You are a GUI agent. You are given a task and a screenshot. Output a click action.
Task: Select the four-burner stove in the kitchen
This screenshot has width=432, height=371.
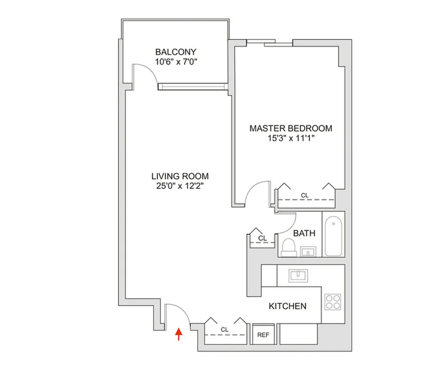coord(332,302)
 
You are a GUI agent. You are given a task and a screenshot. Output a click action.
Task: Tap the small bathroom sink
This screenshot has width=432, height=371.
coord(308,252)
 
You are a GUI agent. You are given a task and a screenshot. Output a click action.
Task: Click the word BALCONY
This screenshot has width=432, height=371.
coord(175,52)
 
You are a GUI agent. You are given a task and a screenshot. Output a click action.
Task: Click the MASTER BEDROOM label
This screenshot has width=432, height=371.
coord(290,128)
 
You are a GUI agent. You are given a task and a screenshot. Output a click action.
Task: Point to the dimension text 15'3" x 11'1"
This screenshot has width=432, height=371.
coord(290,138)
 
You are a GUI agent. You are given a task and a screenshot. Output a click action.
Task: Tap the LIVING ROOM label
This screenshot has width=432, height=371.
coord(180,176)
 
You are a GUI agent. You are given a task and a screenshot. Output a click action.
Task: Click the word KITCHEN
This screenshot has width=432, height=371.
coord(288,306)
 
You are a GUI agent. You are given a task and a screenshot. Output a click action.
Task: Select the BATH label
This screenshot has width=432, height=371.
coord(304,233)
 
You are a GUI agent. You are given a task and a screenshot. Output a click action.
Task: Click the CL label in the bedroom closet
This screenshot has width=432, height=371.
coord(304,196)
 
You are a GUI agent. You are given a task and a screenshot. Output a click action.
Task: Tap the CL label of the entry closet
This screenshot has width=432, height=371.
coord(225,330)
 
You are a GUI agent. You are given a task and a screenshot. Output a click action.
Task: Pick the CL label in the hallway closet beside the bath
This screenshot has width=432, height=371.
coord(262,238)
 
